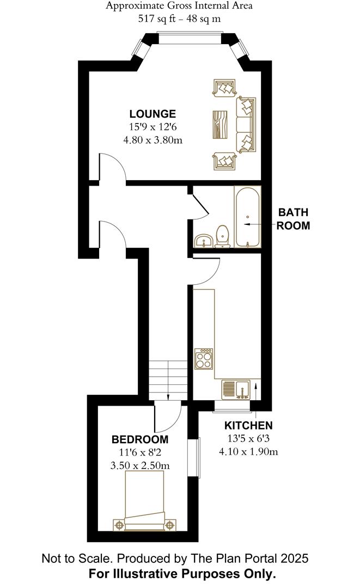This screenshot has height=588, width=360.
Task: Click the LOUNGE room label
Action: tap(152, 114)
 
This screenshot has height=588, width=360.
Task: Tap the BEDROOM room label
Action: tap(140, 439)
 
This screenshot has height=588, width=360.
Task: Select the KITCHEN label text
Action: tap(249, 426)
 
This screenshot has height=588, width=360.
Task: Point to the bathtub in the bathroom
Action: tap(248, 216)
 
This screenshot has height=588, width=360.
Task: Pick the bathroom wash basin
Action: tap(204, 241)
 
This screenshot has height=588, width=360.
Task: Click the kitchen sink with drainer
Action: tap(236, 389)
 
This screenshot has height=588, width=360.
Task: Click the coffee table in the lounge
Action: tap(221, 125)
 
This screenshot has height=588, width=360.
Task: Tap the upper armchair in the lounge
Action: tap(224, 88)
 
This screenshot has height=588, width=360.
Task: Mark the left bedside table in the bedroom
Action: tap(118, 525)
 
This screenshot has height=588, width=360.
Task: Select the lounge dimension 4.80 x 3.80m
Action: tap(152, 139)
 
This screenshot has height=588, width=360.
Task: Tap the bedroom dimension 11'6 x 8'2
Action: tap(140, 452)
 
